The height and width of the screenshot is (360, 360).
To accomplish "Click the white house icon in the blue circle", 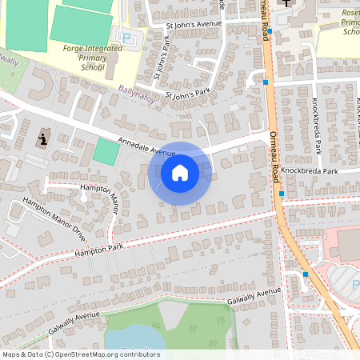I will (x=180, y=172).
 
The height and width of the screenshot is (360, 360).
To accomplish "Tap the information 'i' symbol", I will (x=42, y=137).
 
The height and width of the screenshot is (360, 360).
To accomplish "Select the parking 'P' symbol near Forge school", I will (x=126, y=37).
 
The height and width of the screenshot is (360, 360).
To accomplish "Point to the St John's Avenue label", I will (x=192, y=25).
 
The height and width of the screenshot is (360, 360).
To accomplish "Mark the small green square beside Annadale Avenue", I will (x=106, y=152).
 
